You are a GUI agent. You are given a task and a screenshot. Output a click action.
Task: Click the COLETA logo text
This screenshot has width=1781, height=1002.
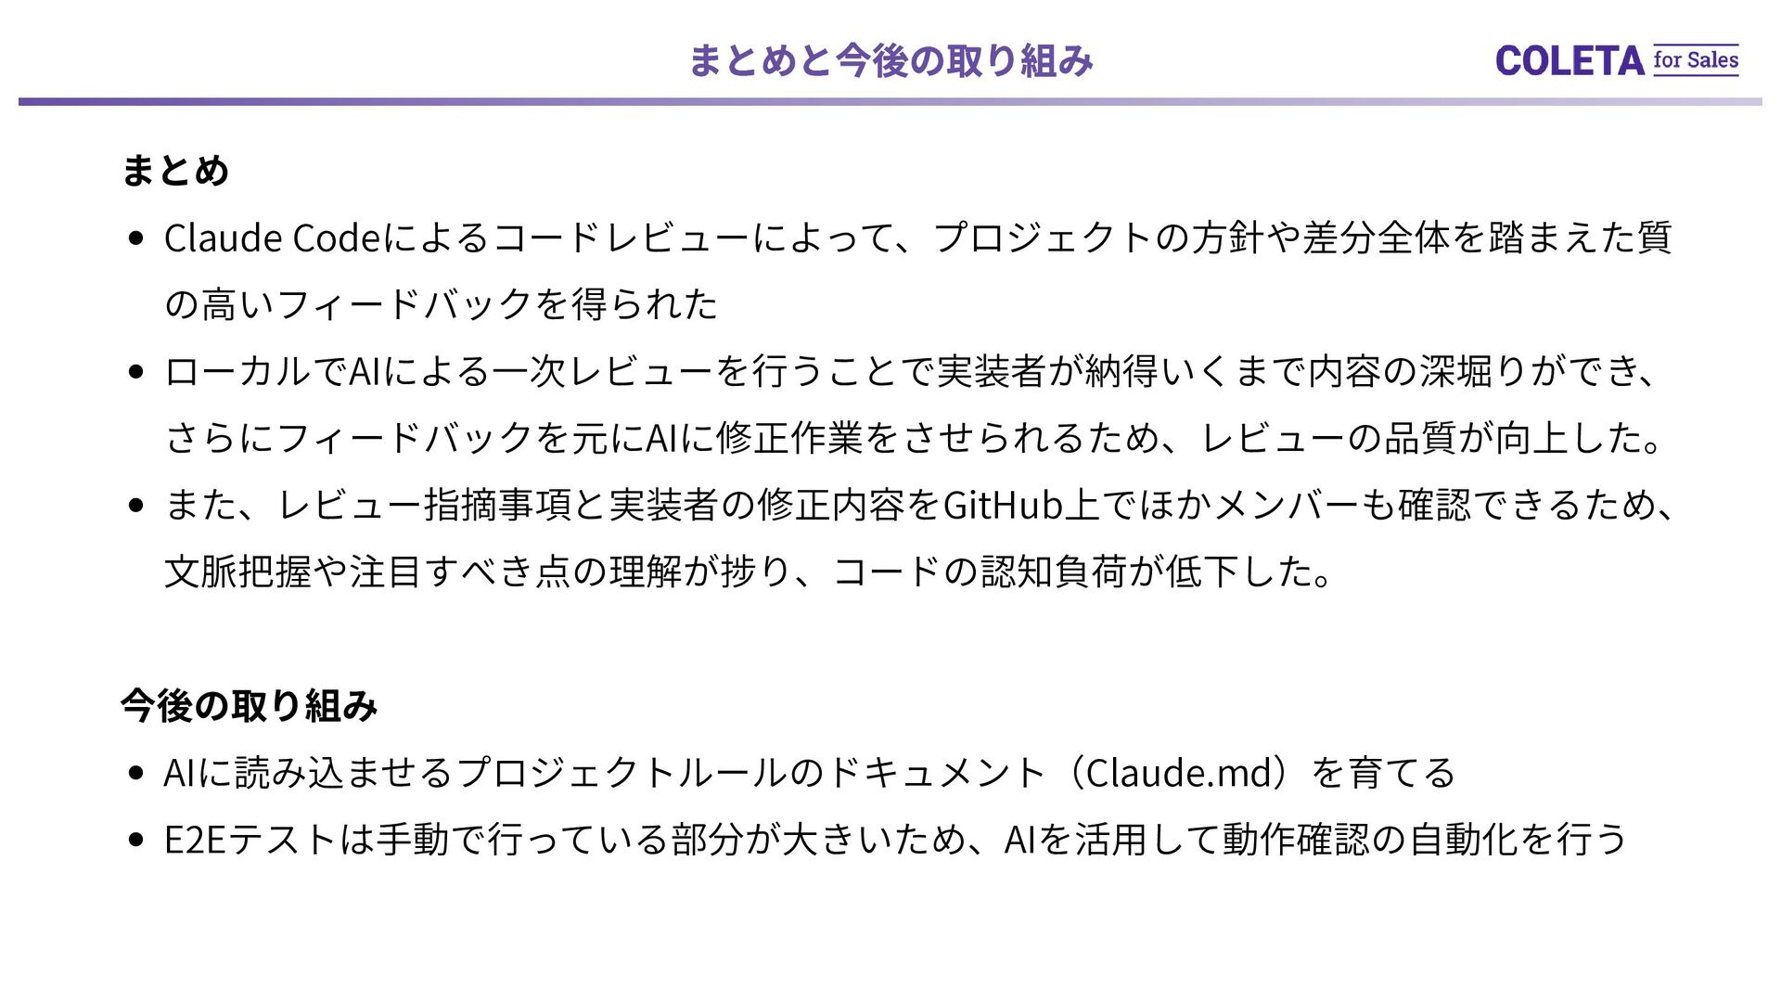click(1569, 61)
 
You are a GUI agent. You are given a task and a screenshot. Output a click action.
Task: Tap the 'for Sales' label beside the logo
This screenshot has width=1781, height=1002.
click(1696, 60)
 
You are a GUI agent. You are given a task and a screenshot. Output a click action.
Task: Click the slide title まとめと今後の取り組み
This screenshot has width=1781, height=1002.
click(890, 61)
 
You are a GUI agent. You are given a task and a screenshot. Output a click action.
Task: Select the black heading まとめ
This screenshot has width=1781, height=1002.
click(174, 171)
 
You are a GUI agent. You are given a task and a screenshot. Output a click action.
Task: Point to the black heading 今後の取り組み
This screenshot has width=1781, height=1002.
click(249, 706)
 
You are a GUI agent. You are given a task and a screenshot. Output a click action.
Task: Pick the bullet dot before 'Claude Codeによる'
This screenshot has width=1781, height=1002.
click(137, 239)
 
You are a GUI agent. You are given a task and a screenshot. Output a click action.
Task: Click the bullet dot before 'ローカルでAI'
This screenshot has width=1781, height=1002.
click(137, 373)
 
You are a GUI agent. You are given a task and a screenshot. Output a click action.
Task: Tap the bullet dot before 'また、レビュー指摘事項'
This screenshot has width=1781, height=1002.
click(137, 507)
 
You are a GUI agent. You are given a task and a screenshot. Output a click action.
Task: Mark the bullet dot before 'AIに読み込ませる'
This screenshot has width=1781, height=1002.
click(137, 774)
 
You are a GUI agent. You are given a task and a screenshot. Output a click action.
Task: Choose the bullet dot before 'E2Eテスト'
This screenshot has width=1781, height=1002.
click(137, 841)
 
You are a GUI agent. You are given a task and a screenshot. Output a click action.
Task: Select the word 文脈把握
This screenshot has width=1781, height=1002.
click(237, 572)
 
